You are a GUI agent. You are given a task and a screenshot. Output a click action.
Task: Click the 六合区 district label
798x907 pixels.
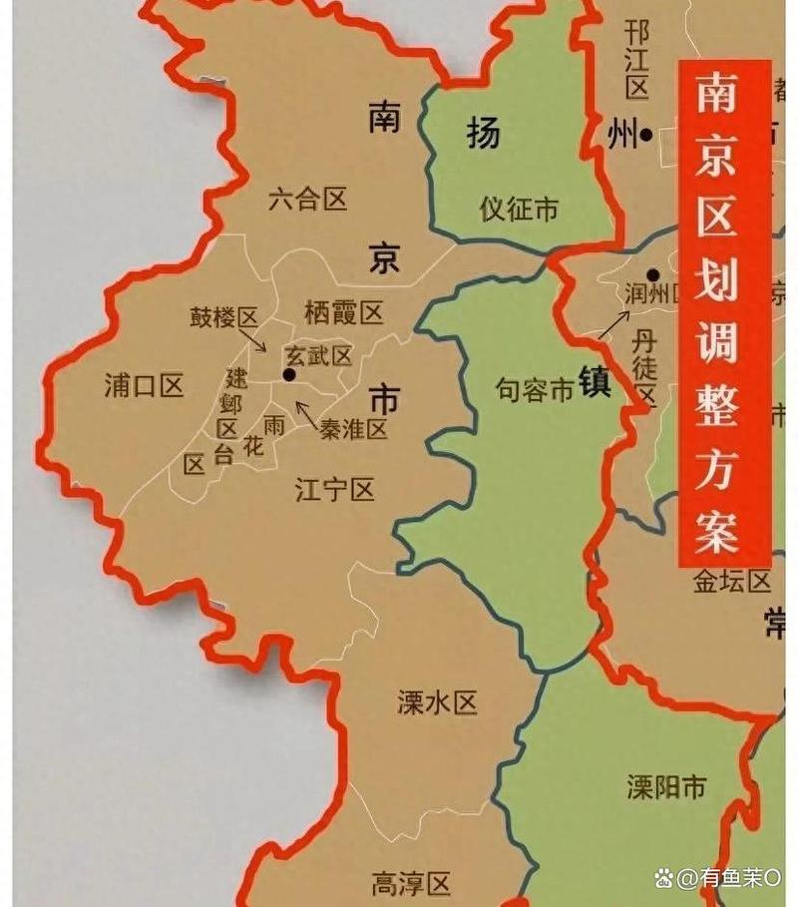click(x=307, y=200)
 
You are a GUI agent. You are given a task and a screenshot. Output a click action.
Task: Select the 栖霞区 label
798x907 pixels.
click(x=343, y=314)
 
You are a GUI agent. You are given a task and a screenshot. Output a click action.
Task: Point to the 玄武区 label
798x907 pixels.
click(x=318, y=356)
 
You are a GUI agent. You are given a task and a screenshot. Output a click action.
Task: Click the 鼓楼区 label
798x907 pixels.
click(x=224, y=318)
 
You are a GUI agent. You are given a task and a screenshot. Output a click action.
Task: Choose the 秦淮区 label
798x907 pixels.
click(x=353, y=429)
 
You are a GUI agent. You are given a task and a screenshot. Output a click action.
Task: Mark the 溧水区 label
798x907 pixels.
click(x=437, y=703)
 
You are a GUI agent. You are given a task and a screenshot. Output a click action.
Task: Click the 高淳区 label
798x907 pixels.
click(x=411, y=883)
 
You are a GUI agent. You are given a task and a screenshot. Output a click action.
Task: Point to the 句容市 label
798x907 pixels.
click(x=536, y=390)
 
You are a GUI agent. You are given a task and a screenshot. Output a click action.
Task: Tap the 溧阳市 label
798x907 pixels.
click(x=666, y=787)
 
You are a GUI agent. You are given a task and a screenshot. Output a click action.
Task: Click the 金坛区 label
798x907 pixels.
click(x=733, y=582)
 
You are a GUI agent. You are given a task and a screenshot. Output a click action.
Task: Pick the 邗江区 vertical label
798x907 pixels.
click(x=637, y=60)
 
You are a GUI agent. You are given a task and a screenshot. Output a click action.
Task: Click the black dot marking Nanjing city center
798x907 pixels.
click(x=289, y=375)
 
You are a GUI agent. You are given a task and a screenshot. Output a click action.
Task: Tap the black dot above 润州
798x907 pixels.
click(x=652, y=274)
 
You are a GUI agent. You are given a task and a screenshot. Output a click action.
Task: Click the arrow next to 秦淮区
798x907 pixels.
click(x=306, y=412)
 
